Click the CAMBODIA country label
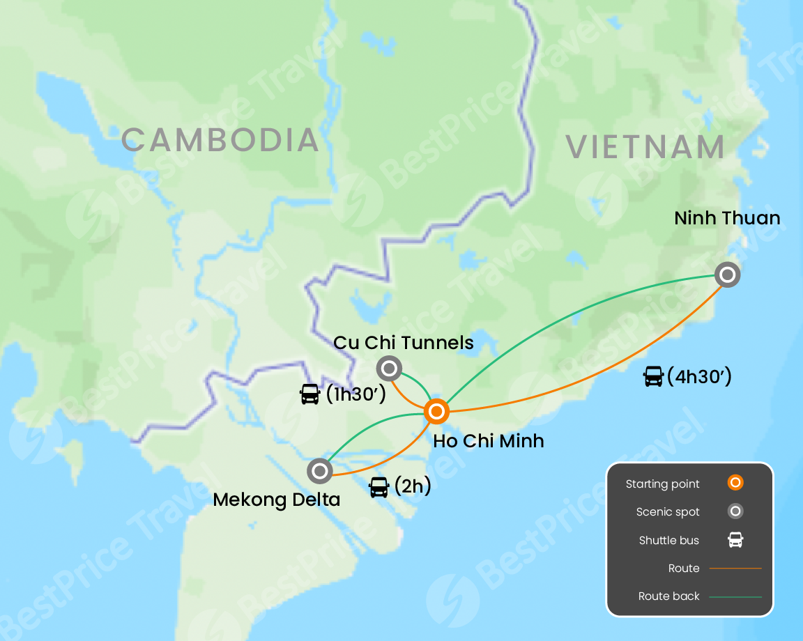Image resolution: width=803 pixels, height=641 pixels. click(x=220, y=140)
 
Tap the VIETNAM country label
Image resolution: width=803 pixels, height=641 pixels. click(x=645, y=147)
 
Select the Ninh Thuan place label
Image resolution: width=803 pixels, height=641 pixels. click(x=727, y=218)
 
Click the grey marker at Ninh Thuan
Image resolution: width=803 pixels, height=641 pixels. click(x=727, y=275)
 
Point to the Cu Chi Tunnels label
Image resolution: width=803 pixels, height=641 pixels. click(x=404, y=343)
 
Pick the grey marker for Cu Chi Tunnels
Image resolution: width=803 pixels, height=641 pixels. click(x=389, y=368)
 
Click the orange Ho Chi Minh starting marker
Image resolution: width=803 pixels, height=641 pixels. click(x=436, y=412)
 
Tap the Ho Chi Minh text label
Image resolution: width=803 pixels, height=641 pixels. click(x=488, y=441)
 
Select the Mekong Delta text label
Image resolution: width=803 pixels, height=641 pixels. click(x=276, y=500)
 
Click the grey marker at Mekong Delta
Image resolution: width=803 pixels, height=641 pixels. click(x=320, y=471)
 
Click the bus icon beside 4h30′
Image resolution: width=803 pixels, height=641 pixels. click(x=653, y=377)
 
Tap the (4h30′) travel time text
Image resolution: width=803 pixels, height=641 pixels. click(x=699, y=377)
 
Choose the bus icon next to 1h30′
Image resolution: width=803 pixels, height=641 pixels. click(x=310, y=394)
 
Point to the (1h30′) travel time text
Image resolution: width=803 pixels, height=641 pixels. click(x=355, y=394)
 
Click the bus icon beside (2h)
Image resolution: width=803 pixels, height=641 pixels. click(x=378, y=487)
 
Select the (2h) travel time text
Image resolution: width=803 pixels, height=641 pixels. click(x=413, y=486)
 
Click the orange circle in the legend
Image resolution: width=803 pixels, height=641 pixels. click(x=735, y=483)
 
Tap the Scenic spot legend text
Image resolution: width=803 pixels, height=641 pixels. click(x=668, y=512)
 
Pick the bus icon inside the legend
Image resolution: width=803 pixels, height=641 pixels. click(x=735, y=540)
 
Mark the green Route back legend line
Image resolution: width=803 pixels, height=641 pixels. click(x=735, y=596)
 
